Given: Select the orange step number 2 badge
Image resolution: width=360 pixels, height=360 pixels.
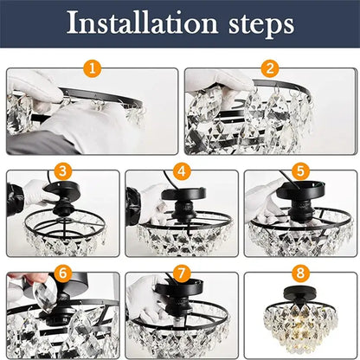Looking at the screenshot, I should coord(270,66).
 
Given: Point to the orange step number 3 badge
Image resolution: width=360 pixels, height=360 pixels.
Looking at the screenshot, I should coord(61,170).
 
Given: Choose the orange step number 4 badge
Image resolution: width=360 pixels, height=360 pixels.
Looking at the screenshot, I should coord(181,170).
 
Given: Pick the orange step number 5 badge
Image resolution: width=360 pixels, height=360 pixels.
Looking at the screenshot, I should coord(299,170).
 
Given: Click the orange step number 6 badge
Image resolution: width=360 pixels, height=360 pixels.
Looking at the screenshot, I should coord(61,273).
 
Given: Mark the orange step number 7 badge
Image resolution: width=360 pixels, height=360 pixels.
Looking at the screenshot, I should coord(181,273).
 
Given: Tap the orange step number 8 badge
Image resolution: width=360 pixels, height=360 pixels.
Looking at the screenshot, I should coord(299,273).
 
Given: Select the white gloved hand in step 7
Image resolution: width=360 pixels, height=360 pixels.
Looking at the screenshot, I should coord(143,299).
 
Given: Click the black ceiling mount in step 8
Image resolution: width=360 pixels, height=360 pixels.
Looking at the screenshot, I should coord(299,297).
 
